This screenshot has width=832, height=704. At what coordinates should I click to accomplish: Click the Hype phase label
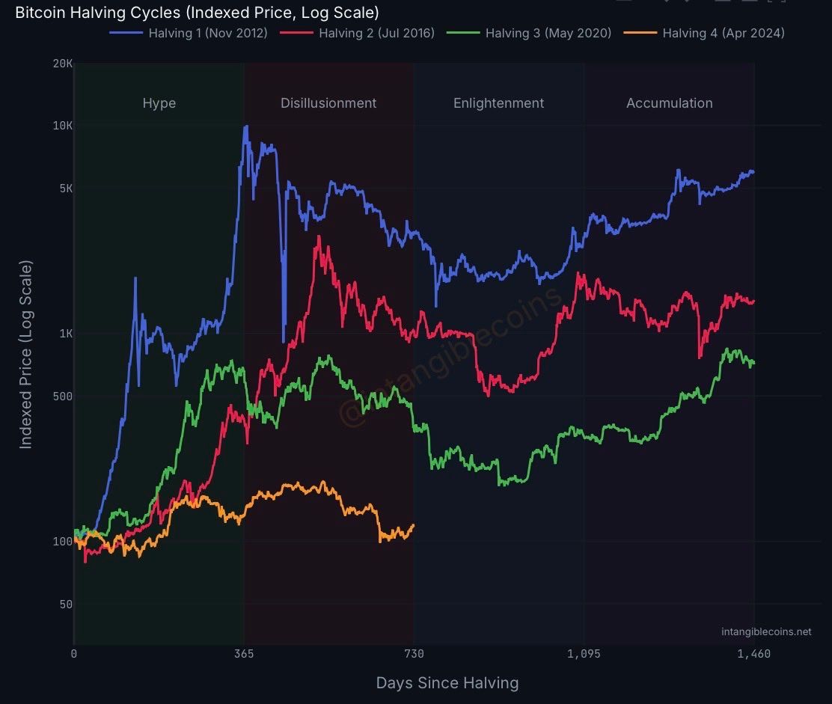159,103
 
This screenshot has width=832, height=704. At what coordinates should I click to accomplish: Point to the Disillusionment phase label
328,103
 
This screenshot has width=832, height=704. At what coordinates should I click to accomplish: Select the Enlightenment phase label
498,103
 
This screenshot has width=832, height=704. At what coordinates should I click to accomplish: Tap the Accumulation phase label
669,103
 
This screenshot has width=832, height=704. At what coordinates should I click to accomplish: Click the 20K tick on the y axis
63,64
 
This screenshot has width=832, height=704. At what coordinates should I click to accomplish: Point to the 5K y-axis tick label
65,189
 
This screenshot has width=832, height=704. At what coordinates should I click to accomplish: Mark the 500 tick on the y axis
62,397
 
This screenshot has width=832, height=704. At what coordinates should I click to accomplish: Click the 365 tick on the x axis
244,654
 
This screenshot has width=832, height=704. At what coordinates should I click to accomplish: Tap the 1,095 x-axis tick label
584,654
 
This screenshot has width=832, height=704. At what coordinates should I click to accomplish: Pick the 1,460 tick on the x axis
753,654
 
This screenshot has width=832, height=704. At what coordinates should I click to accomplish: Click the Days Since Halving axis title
447,682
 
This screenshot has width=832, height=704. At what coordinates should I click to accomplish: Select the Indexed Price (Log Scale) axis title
25,355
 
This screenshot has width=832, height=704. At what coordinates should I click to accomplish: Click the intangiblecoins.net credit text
766,631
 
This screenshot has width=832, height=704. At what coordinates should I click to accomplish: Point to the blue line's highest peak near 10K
245,126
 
